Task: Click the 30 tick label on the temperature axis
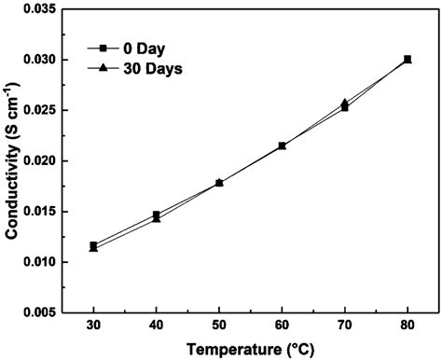[93, 328]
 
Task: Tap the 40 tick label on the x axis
[157, 328]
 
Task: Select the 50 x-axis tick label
[219, 328]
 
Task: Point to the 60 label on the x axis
[282, 328]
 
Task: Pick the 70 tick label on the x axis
[345, 328]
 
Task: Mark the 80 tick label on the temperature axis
[407, 328]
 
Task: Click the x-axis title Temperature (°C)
[250, 350]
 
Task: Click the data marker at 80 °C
[407, 60]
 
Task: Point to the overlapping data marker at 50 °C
[219, 183]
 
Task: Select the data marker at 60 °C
[282, 145]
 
